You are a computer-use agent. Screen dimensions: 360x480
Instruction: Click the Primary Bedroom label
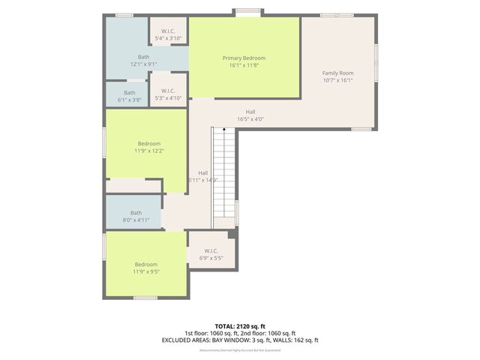tap(244, 58)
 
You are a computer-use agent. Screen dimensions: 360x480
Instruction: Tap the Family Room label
tap(337, 73)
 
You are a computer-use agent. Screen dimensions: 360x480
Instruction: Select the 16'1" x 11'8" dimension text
tap(244, 65)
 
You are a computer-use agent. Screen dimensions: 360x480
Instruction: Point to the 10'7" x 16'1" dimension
tap(337, 80)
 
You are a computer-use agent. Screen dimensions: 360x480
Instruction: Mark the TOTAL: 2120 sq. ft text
tap(240, 326)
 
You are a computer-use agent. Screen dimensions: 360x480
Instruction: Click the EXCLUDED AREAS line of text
tap(240, 340)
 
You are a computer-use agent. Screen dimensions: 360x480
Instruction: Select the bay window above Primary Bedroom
tap(250, 11)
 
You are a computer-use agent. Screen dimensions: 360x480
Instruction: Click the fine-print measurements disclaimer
tap(240, 349)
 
